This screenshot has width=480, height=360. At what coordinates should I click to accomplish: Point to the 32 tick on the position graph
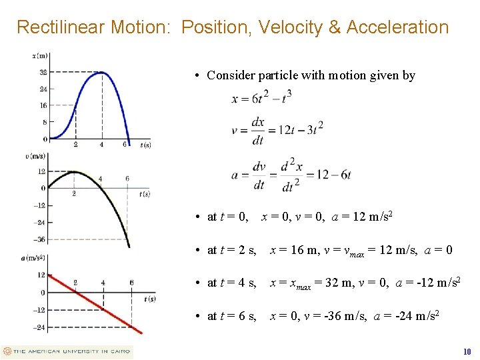pyautogui.click(x=43, y=72)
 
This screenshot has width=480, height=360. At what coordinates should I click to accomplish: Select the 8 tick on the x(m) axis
pyautogui.click(x=44, y=122)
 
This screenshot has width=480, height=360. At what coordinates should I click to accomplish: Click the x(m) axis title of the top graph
pyautogui.click(x=40, y=55)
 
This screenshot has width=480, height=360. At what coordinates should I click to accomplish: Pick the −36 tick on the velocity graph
pyautogui.click(x=41, y=239)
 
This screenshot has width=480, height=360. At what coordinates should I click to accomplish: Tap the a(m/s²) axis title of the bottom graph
pyautogui.click(x=34, y=257)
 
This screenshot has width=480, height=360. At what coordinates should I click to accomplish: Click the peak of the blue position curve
pyautogui.click(x=101, y=72)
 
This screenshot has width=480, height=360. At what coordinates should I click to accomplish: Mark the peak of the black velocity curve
pyautogui.click(x=73, y=171)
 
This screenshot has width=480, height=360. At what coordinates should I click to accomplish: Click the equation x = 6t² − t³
pyautogui.click(x=261, y=97)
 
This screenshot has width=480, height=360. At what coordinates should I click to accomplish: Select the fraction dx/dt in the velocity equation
pyautogui.click(x=257, y=131)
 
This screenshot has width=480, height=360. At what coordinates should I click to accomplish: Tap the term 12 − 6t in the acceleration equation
pyautogui.click(x=331, y=175)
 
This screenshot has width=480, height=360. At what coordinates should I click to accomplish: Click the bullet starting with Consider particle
pyautogui.click(x=310, y=75)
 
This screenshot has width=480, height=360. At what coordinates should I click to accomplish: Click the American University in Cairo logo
pyautogui.click(x=67, y=351)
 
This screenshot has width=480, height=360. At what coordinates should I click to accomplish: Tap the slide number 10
pyautogui.click(x=467, y=351)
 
